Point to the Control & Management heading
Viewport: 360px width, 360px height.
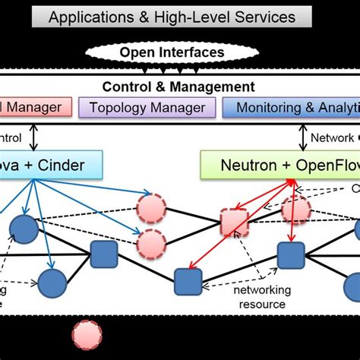(x=179, y=87)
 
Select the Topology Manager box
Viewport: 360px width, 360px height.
(x=146, y=108)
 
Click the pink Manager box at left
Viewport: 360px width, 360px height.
(x=34, y=108)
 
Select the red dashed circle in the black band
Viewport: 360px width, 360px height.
(x=87, y=335)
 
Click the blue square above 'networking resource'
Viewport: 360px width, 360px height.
(x=290, y=256)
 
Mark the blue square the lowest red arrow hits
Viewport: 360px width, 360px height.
(x=186, y=281)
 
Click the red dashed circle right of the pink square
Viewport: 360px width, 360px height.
(x=295, y=208)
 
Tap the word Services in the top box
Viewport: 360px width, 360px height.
(x=268, y=17)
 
